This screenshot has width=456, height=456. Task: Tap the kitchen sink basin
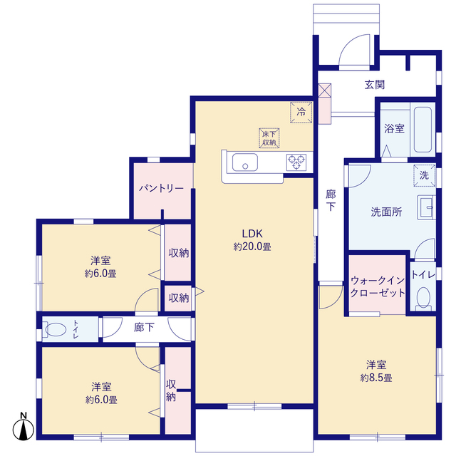[245, 162]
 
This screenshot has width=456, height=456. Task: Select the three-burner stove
[296, 162]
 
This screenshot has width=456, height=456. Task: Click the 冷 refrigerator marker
[301, 112]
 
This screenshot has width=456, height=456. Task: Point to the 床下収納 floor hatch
[269, 138]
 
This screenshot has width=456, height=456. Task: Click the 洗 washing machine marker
[425, 175]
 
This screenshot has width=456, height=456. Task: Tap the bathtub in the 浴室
[423, 130]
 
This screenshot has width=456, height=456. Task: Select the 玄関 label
[375, 85]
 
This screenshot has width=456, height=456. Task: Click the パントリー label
[161, 188]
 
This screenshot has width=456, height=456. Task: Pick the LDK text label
[252, 234]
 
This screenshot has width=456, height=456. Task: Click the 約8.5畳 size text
[376, 378]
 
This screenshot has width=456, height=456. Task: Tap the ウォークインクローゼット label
[378, 286]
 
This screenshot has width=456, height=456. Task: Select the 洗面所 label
[386, 212]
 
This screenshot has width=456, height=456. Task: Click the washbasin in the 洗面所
[426, 207]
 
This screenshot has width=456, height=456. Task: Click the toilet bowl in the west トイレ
[56, 329]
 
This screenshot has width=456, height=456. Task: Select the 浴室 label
[394, 128]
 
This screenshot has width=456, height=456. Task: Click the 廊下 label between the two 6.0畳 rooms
[144, 328]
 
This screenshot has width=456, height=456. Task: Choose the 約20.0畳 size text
[252, 247]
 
